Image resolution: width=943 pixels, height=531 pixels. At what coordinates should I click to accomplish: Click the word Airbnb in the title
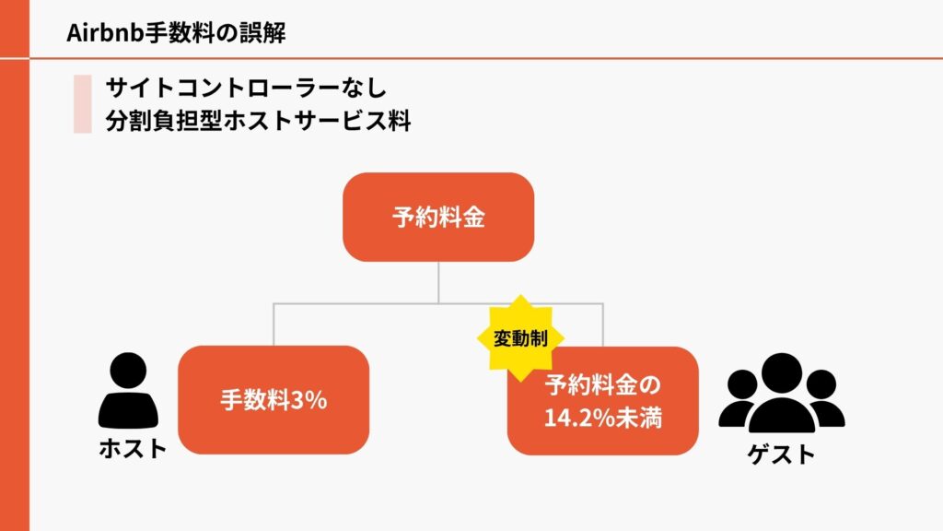tap(99, 33)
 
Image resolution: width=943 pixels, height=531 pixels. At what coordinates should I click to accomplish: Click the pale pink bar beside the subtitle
tap(83, 104)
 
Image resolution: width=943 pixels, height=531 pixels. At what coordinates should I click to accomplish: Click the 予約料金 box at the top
tap(438, 218)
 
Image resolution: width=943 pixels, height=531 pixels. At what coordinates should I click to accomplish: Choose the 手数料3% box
tap(274, 400)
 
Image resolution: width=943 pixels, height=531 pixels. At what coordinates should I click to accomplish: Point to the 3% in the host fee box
tap(309, 401)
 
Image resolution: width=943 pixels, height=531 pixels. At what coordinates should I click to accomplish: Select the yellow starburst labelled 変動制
tap(520, 337)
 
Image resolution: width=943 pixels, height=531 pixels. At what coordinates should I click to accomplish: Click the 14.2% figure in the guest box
tap(576, 418)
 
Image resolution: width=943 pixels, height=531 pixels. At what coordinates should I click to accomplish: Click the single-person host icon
tap(127, 392)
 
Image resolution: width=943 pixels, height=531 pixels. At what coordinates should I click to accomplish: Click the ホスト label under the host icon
tap(133, 449)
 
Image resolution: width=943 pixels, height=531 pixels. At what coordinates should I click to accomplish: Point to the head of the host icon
tap(127, 371)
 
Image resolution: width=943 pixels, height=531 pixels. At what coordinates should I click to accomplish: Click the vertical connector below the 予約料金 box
tap(438, 281)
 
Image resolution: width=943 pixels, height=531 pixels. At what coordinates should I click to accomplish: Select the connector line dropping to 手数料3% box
tap(274, 324)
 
